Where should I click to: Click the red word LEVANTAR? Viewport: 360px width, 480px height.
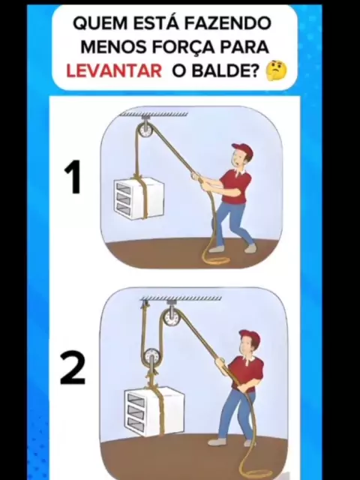coord(114,71)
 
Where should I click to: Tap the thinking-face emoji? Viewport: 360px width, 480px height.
coord(277,70)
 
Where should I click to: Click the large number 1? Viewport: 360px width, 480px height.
coord(73,177)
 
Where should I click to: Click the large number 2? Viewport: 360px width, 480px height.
coord(73,368)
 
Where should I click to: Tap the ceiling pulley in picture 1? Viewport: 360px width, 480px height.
coord(145,130)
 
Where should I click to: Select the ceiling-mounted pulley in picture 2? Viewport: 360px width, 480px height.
coord(172,318)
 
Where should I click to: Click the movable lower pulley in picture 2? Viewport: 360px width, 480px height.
coord(151,356)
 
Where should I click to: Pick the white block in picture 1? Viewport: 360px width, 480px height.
coord(139,199)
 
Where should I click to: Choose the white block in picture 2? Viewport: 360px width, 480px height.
coord(154,411)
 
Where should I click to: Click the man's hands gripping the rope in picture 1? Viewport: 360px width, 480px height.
coord(199,178)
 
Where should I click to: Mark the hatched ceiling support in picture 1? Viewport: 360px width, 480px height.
coord(154,114)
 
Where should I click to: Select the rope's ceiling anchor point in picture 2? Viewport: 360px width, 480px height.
coord(145,303)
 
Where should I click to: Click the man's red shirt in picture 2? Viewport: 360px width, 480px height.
coord(247,373)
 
